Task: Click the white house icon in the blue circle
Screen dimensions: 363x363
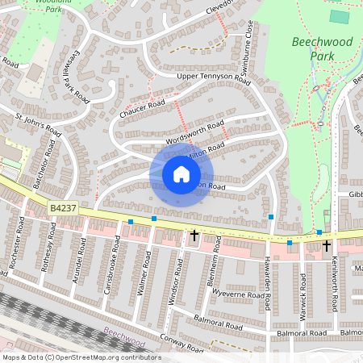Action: click(181, 174)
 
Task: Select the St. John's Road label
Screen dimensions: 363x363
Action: click(39, 127)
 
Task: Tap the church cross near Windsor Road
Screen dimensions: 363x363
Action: click(194, 236)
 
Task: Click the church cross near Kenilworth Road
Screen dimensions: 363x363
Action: click(327, 244)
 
